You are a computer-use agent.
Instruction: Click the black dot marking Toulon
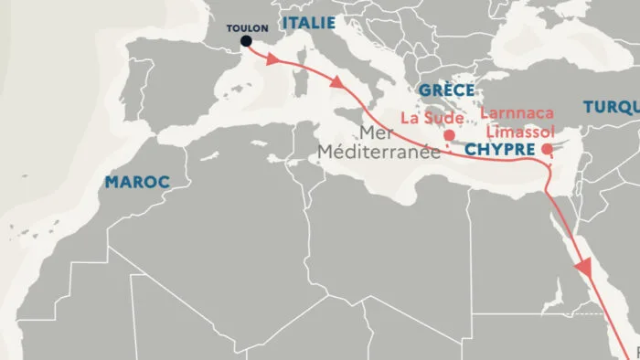click(x=246, y=41)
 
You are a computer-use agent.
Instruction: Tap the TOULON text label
click(x=247, y=26)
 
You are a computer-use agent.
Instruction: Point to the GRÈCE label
click(x=446, y=90)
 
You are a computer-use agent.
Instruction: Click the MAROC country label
click(x=137, y=182)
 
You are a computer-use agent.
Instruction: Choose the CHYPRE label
click(x=499, y=148)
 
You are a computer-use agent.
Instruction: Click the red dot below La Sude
click(x=449, y=135)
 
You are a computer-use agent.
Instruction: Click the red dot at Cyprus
click(x=546, y=149)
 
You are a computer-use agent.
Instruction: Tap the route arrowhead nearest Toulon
click(x=272, y=59)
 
